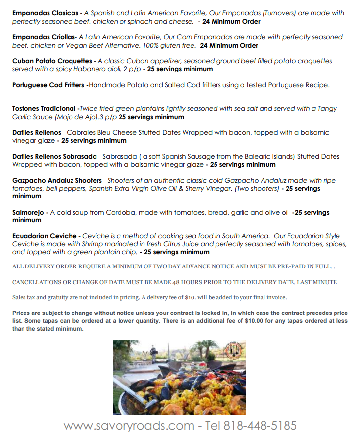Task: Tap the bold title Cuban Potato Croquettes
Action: pyautogui.click(x=52, y=61)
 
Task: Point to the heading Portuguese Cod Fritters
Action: pyautogui.click(x=48, y=85)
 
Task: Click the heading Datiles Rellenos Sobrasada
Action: pyautogui.click(x=54, y=157)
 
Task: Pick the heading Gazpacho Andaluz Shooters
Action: pyautogui.click(x=57, y=181)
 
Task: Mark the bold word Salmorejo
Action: pyautogui.click(x=28, y=213)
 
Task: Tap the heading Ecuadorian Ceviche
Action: pyautogui.click(x=45, y=236)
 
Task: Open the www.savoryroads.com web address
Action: pyautogui.click(x=129, y=425)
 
